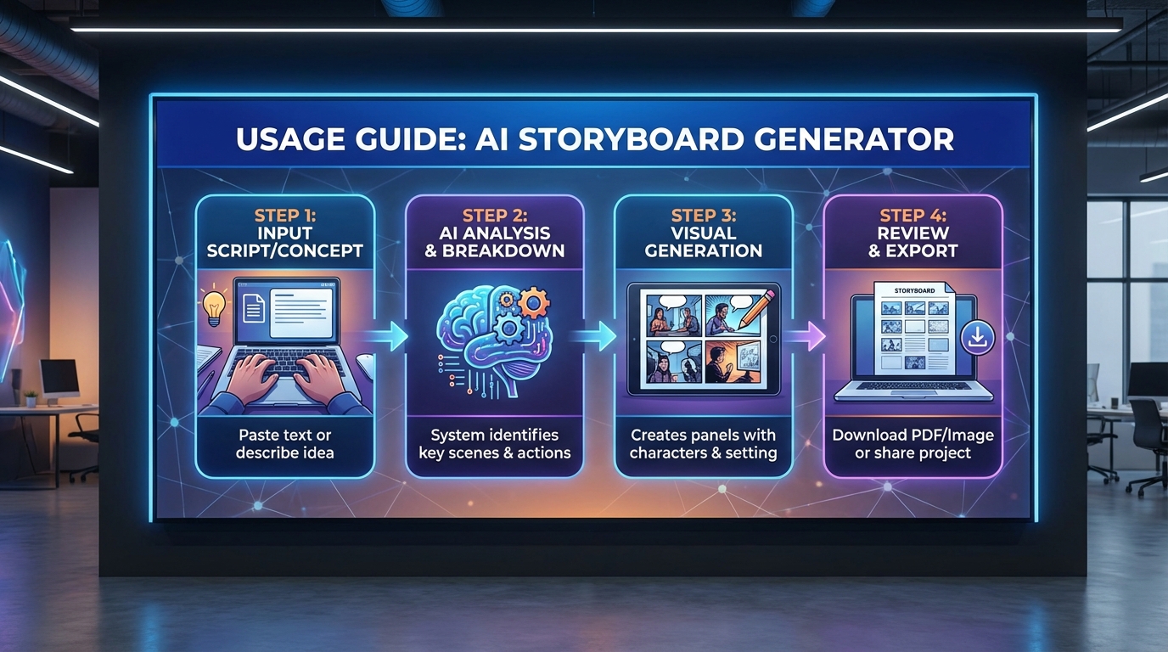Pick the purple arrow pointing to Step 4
(x=807, y=336)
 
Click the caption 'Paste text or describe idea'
(x=285, y=443)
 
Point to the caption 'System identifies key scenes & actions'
(x=494, y=443)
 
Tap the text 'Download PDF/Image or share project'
(x=912, y=443)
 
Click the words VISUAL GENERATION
(x=703, y=241)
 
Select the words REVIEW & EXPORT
(x=912, y=241)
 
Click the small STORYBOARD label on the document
(x=914, y=290)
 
